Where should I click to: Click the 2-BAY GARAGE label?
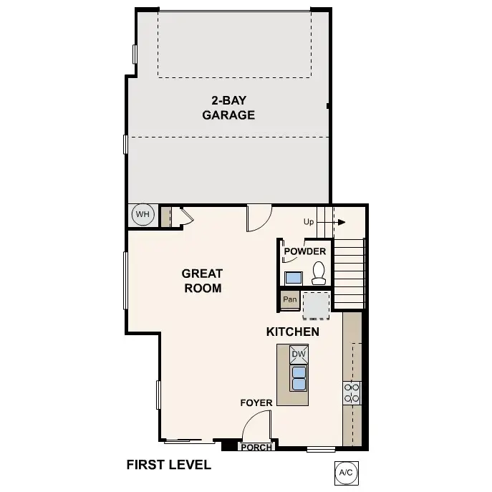228,107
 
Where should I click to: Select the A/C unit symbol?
346,472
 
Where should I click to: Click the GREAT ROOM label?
202,281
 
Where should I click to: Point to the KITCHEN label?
292,332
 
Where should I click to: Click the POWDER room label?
305,251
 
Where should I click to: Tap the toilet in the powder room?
319,273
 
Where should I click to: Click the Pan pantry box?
290,299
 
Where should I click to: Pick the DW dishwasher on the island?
299,354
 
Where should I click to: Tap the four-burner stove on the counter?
352,392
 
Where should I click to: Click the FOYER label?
256,403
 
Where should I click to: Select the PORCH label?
256,448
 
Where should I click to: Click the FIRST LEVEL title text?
168,465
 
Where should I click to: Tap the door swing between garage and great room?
258,218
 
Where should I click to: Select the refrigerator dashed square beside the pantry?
316,304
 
